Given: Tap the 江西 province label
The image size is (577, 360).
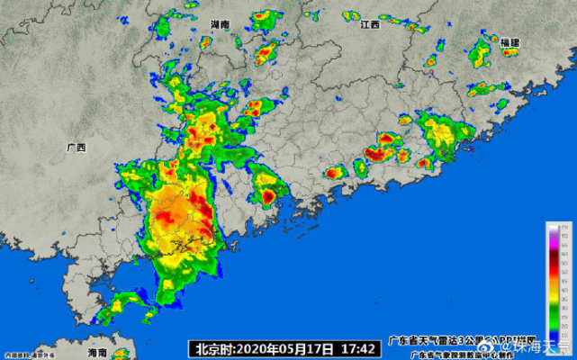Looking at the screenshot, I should pos(370,24).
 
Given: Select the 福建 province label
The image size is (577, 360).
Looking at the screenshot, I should pos(510,42).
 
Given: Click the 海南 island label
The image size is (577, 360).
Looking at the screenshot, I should pos(97,352).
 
